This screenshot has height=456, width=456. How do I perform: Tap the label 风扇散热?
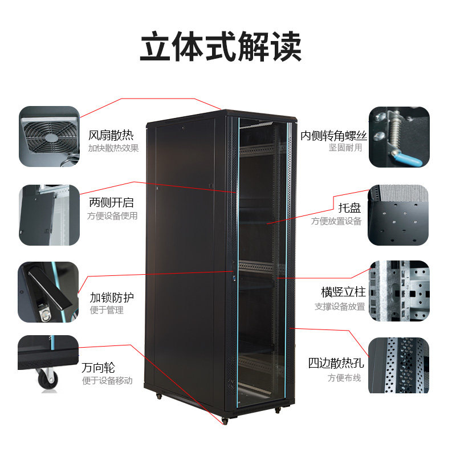pyautogui.click(x=111, y=136)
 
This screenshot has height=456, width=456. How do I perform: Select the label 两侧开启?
pyautogui.click(x=111, y=202)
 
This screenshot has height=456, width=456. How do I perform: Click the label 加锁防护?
pyautogui.click(x=112, y=298)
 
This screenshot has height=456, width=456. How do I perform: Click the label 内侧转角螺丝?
pyautogui.click(x=333, y=136)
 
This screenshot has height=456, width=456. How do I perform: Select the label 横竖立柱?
pyautogui.click(x=343, y=292)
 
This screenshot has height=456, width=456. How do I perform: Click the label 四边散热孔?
pyautogui.click(x=336, y=364)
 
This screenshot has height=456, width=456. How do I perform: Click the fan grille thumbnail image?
pyautogui.click(x=49, y=136)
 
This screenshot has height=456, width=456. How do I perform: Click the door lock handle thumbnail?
pyautogui.click(x=48, y=292)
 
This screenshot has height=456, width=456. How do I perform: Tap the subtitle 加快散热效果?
pyautogui.click(x=113, y=149)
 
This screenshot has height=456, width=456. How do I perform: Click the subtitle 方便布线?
pyautogui.click(x=344, y=378)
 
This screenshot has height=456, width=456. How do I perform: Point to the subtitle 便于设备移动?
pyautogui.click(x=107, y=381)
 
